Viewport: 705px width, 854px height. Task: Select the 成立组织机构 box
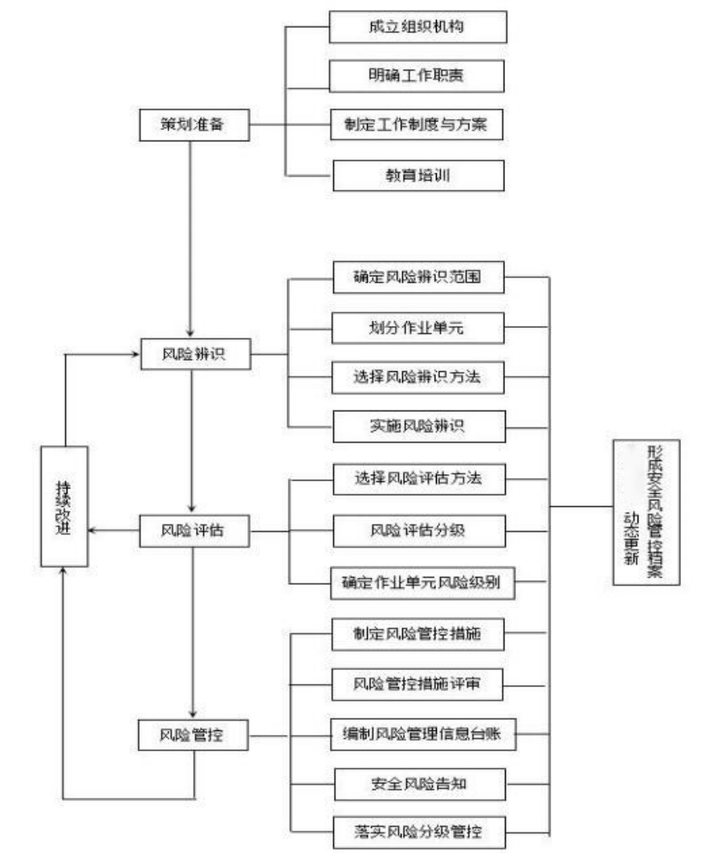tap(418, 27)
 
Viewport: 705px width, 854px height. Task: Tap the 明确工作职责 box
tap(418, 76)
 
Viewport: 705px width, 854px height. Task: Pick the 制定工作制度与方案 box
tap(418, 125)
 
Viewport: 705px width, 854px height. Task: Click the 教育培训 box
tap(418, 175)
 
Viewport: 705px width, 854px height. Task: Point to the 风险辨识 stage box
tap(194, 354)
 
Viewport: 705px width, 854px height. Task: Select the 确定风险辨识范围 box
tap(418, 279)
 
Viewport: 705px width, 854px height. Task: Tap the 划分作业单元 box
tap(418, 328)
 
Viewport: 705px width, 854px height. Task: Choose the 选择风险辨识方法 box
tap(418, 377)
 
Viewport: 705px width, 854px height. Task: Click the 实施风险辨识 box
tap(418, 426)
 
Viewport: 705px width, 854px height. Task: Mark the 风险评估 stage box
tap(194, 530)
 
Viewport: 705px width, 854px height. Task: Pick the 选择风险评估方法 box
tap(418, 480)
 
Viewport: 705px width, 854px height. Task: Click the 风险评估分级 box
tap(418, 530)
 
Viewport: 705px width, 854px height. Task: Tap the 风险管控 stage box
tap(194, 733)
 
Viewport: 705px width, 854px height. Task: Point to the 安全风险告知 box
tap(418, 782)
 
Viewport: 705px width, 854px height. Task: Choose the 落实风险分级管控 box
tap(418, 831)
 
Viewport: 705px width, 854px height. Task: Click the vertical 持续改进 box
tap(64, 506)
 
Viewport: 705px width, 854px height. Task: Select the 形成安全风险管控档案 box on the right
tap(646, 512)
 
